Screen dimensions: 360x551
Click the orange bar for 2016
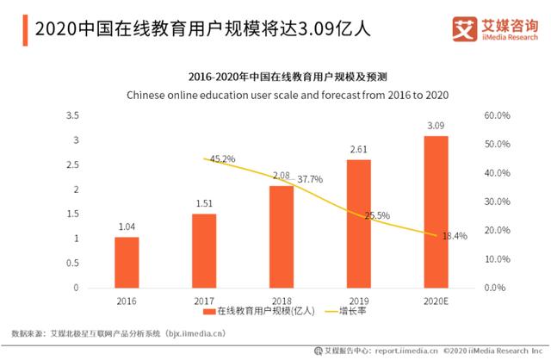pos(127,262)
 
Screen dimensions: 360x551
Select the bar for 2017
pos(204,251)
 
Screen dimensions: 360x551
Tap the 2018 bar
pos(282,236)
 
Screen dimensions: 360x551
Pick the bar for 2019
pos(359,223)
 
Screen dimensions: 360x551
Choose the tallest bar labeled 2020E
pos(436,211)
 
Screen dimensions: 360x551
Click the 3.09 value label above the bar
pos(436,127)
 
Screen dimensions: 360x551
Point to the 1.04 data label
pos(127,227)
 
